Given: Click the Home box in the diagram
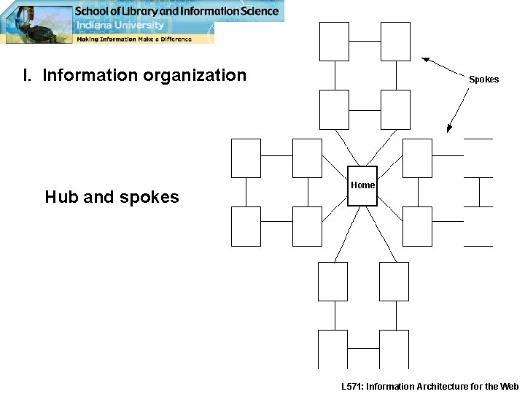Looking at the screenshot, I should click(x=362, y=186).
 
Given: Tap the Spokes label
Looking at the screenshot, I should click(x=483, y=79).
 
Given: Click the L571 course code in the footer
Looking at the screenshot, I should click(x=357, y=387).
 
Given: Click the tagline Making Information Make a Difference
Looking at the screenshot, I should click(x=134, y=39).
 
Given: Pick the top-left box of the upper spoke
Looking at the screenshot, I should click(x=335, y=42).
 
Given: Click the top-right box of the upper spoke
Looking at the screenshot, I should click(x=395, y=42).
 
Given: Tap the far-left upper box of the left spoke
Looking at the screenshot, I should click(x=246, y=158).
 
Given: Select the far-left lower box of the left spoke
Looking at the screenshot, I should click(x=246, y=226).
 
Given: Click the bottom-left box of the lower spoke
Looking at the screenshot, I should click(x=332, y=349).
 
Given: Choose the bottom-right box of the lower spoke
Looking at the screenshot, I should click(x=394, y=349).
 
